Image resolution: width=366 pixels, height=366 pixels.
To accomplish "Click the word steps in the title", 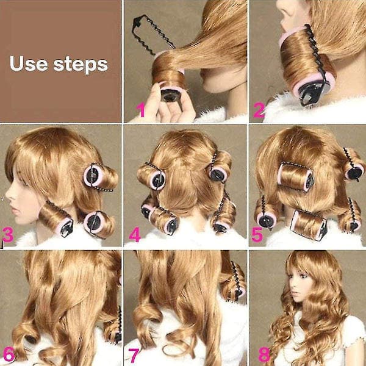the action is pos(81,65).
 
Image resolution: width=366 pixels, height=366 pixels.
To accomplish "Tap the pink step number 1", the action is pos(141,110).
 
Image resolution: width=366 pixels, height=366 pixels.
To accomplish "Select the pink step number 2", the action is pos(259,110).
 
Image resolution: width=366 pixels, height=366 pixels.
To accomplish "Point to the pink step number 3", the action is pos(8,235).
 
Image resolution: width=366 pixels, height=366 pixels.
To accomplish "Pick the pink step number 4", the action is pos(135,235).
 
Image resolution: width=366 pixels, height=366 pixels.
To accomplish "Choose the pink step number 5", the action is pos(257,235).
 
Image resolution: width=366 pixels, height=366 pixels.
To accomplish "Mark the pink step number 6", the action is pos(9,354).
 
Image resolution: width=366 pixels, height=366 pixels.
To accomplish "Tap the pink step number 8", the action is pos(265,354).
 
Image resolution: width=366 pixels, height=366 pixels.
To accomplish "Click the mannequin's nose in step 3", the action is pos(8,196).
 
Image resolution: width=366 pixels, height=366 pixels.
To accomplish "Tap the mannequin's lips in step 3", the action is pos(15,210).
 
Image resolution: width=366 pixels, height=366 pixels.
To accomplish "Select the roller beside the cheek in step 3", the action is pos(56,220).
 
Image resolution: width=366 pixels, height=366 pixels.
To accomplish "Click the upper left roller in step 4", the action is pos(151,176).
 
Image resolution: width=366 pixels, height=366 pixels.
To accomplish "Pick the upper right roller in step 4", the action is pos(220,168).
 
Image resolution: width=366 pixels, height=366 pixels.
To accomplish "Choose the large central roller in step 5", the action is pos(295,177).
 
